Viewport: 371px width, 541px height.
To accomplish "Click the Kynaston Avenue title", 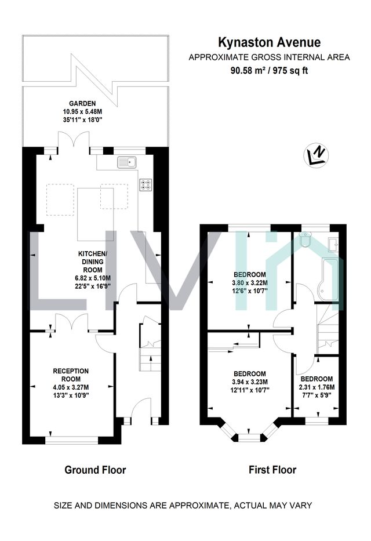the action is coord(270,42).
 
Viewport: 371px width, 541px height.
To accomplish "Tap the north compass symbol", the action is coord(316,154).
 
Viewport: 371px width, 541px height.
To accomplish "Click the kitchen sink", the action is coord(127,162).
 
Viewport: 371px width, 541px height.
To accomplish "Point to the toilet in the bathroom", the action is coord(305,239).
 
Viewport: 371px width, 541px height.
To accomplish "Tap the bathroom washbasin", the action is coord(334,244).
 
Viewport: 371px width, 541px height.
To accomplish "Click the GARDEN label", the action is coord(82,103).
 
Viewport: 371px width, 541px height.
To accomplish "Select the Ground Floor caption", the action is coord(95,470).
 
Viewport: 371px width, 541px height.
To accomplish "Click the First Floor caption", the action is coord(272,470).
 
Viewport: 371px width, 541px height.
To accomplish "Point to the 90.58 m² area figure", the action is coord(248,71).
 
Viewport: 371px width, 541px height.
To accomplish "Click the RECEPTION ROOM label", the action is coord(71,375).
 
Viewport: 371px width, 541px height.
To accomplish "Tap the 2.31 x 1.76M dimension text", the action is coord(317,387).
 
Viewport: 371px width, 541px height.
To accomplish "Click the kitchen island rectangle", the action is coord(96,215).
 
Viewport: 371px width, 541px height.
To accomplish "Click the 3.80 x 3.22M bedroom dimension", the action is coord(250,283).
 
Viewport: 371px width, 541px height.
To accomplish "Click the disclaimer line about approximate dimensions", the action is coord(183,506).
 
